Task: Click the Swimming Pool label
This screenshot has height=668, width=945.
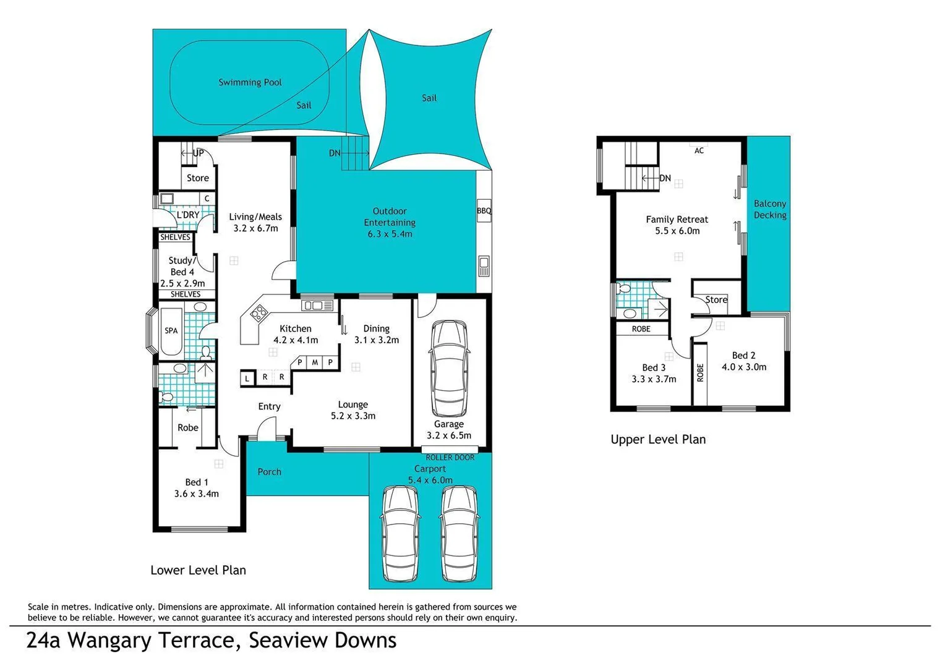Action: click(250, 82)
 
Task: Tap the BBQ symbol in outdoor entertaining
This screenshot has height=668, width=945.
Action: click(484, 211)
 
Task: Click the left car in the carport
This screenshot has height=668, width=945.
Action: click(400, 534)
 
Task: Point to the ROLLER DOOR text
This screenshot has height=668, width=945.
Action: click(450, 458)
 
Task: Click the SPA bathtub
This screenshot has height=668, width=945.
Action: click(171, 332)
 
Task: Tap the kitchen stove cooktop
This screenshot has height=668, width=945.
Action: click(259, 313)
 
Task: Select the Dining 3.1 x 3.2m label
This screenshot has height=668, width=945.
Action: click(376, 334)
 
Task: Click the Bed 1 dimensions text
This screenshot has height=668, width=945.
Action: click(197, 494)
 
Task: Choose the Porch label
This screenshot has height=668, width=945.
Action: click(269, 472)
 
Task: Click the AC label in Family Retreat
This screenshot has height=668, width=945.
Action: click(699, 150)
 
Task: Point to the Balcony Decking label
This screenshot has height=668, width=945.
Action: click(770, 209)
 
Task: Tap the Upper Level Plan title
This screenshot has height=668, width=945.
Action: click(658, 439)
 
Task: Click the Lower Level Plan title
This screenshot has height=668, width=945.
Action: click(198, 570)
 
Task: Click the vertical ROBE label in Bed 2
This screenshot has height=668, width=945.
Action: click(700, 372)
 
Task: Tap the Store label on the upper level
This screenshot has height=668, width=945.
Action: click(716, 300)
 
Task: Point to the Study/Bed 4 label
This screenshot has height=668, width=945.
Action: click(182, 266)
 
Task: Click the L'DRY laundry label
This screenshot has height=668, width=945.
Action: click(188, 215)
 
